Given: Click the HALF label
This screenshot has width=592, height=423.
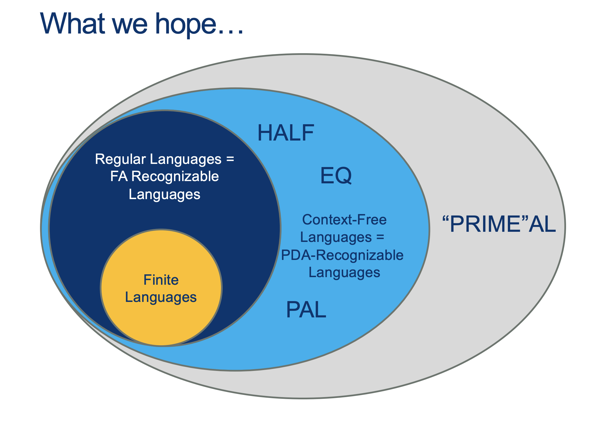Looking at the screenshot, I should pos(286,133).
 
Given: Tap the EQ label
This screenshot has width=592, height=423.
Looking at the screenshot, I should pos(336,176).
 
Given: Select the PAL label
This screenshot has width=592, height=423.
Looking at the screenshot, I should pos(306,310).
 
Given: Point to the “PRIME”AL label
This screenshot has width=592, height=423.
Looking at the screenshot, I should pos(499,224).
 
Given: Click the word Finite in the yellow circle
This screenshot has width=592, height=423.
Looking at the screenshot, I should pos(161,280).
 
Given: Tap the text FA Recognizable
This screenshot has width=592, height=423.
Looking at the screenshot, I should pos(164,177).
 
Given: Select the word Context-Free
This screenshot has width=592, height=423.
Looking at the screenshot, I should pos(344,220).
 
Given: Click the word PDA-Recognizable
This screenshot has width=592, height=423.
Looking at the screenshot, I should pos(342,255).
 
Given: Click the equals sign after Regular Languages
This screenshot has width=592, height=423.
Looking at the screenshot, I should pos(230,159).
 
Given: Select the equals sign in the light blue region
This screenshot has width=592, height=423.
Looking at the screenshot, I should pos(380,237).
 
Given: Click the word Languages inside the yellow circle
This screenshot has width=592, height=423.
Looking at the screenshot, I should pos(161,297).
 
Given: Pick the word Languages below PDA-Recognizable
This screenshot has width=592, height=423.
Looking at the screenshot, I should pos(344,273).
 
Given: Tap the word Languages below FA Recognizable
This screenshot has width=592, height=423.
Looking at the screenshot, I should pos(164,194).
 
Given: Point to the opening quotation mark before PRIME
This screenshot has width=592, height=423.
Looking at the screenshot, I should pos(446,219).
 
